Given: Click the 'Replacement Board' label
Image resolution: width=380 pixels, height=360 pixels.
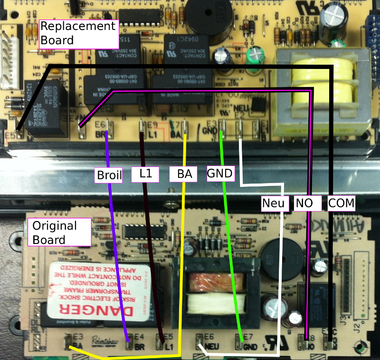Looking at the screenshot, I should [x=77, y=33].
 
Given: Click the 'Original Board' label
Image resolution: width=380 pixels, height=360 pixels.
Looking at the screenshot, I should [x=59, y=232].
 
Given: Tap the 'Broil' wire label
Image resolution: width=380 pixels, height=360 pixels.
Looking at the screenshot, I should [x=109, y=175].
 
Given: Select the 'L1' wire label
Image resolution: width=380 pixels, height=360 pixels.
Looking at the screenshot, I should [x=146, y=174].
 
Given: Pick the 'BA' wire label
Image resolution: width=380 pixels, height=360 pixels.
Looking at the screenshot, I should [x=183, y=174].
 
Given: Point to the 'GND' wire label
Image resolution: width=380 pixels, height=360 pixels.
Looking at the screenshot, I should [x=221, y=174].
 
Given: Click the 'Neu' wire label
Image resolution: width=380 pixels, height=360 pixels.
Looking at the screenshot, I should [x=275, y=204].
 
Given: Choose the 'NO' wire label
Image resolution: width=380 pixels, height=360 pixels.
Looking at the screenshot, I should [x=304, y=204].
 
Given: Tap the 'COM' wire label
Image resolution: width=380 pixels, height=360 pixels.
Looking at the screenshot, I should [x=342, y=204].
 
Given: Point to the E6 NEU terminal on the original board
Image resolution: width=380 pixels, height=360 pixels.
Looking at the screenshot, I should [x=200, y=341].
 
